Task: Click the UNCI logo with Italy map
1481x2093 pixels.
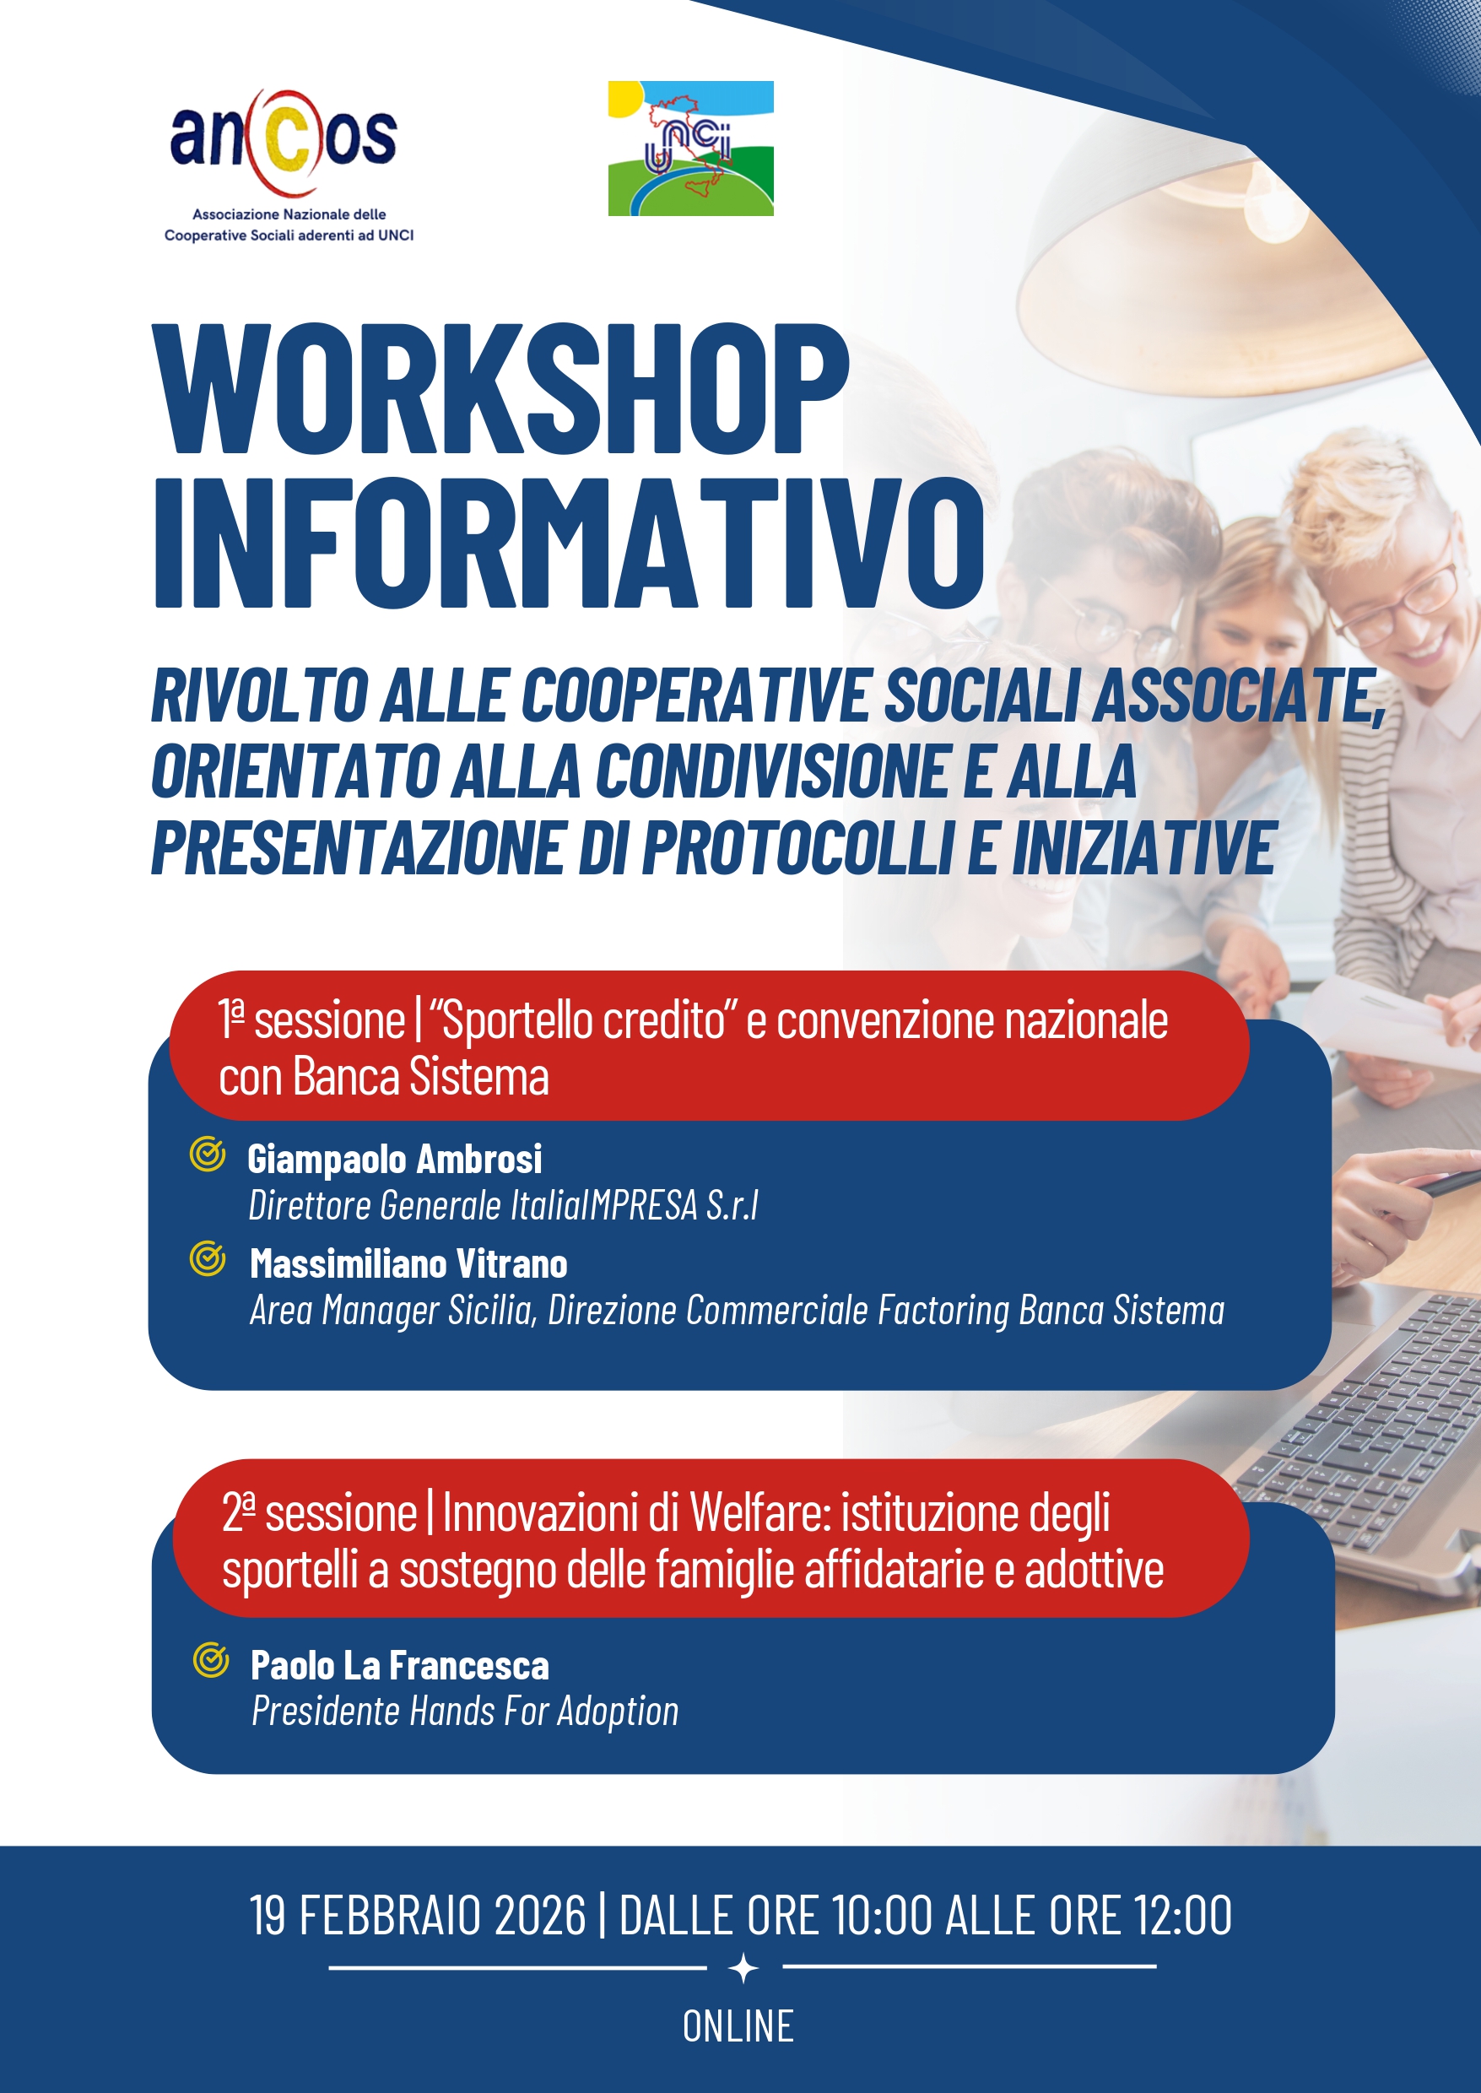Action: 690,149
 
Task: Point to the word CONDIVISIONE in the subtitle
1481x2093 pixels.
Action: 773,771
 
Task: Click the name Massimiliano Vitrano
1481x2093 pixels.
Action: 408,1264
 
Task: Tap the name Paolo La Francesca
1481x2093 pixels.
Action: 400,1665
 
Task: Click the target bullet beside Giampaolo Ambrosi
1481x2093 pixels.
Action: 207,1155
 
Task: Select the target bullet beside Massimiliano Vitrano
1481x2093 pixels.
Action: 207,1259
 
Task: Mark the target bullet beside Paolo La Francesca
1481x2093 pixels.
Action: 211,1660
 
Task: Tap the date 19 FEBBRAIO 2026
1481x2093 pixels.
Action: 418,1915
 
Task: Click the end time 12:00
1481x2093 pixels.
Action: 1183,1915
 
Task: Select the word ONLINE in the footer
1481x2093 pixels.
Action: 738,2026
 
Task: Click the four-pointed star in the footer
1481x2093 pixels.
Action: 744,1968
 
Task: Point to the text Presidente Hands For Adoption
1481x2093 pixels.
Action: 465,1711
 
